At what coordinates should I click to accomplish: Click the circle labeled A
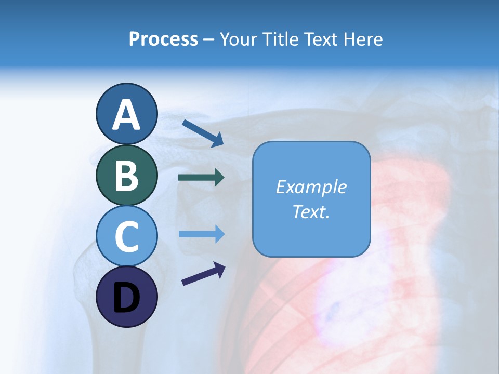[x=127, y=114]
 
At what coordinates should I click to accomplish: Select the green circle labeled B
[x=127, y=175]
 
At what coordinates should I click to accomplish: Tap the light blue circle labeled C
[x=127, y=236]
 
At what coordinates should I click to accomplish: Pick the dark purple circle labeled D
[x=127, y=297]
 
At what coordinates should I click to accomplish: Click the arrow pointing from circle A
[x=203, y=132]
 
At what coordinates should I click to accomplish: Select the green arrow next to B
[x=201, y=178]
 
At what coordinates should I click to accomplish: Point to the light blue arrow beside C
[x=201, y=234]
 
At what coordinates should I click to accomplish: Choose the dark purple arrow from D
[x=203, y=274]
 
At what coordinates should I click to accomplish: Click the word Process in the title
[x=163, y=39]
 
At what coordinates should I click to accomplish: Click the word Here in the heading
[x=362, y=39]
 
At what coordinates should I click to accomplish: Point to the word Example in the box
[x=311, y=187]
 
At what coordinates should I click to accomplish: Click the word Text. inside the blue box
[x=311, y=211]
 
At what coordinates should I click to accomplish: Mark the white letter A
[x=127, y=115]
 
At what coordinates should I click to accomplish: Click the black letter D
[x=127, y=298]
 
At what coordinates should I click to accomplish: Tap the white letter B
[x=127, y=176]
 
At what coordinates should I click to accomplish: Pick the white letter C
[x=127, y=236]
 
